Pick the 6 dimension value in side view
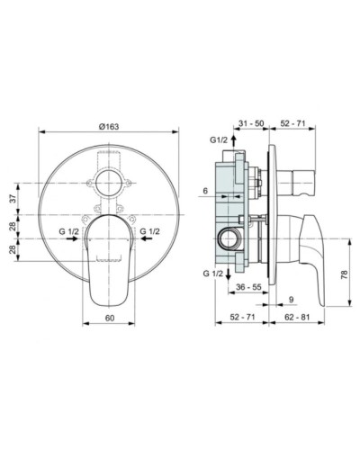point(205,191)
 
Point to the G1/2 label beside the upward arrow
point(218,141)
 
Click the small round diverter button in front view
point(112,175)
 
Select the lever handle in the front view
point(112,256)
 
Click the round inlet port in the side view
point(226,238)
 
